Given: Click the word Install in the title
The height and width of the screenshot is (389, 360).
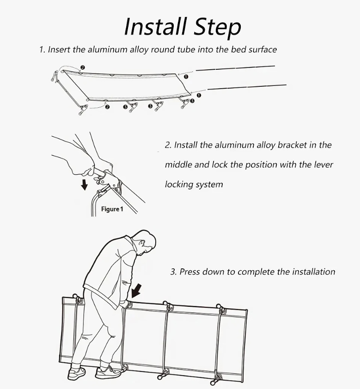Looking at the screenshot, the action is (x=155, y=26).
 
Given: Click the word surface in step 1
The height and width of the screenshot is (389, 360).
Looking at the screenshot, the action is (x=262, y=49).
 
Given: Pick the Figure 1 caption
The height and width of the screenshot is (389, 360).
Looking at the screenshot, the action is (x=112, y=209).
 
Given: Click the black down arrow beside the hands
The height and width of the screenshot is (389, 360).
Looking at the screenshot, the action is (x=85, y=185).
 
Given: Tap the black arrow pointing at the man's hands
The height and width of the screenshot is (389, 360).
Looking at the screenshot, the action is (x=136, y=291).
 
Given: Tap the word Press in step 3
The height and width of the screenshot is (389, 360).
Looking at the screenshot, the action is (x=189, y=272).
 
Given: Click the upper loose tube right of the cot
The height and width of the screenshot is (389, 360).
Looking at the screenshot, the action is (x=235, y=68).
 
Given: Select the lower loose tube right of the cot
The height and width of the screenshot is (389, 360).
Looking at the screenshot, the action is (x=247, y=87).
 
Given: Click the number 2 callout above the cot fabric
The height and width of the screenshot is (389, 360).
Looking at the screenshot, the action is (x=83, y=67).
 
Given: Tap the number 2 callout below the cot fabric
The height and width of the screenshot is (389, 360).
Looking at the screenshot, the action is (x=107, y=107).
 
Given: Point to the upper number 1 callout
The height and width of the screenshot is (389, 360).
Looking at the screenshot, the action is (x=186, y=77).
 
